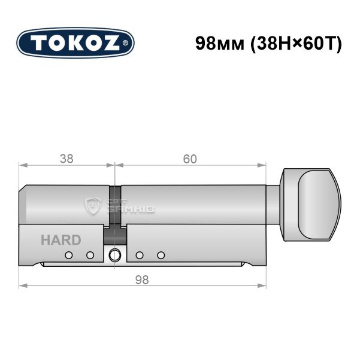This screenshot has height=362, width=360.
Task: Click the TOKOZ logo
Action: coord(75,43)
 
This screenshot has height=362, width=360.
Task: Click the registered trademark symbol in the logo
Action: coord(125,43)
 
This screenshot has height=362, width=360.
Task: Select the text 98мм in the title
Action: coord(220,44)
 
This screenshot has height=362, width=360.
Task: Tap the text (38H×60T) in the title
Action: coord(296,44)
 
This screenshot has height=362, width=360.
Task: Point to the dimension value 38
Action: coord(66,159)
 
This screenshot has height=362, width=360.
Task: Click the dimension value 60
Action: coord(190,159)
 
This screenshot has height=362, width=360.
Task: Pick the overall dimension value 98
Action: coord(142,280)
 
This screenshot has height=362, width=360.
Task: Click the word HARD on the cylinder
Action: coord(60,240)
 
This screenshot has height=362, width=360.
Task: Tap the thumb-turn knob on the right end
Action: coord(310,205)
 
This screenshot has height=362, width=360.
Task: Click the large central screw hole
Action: coord(114,255)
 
